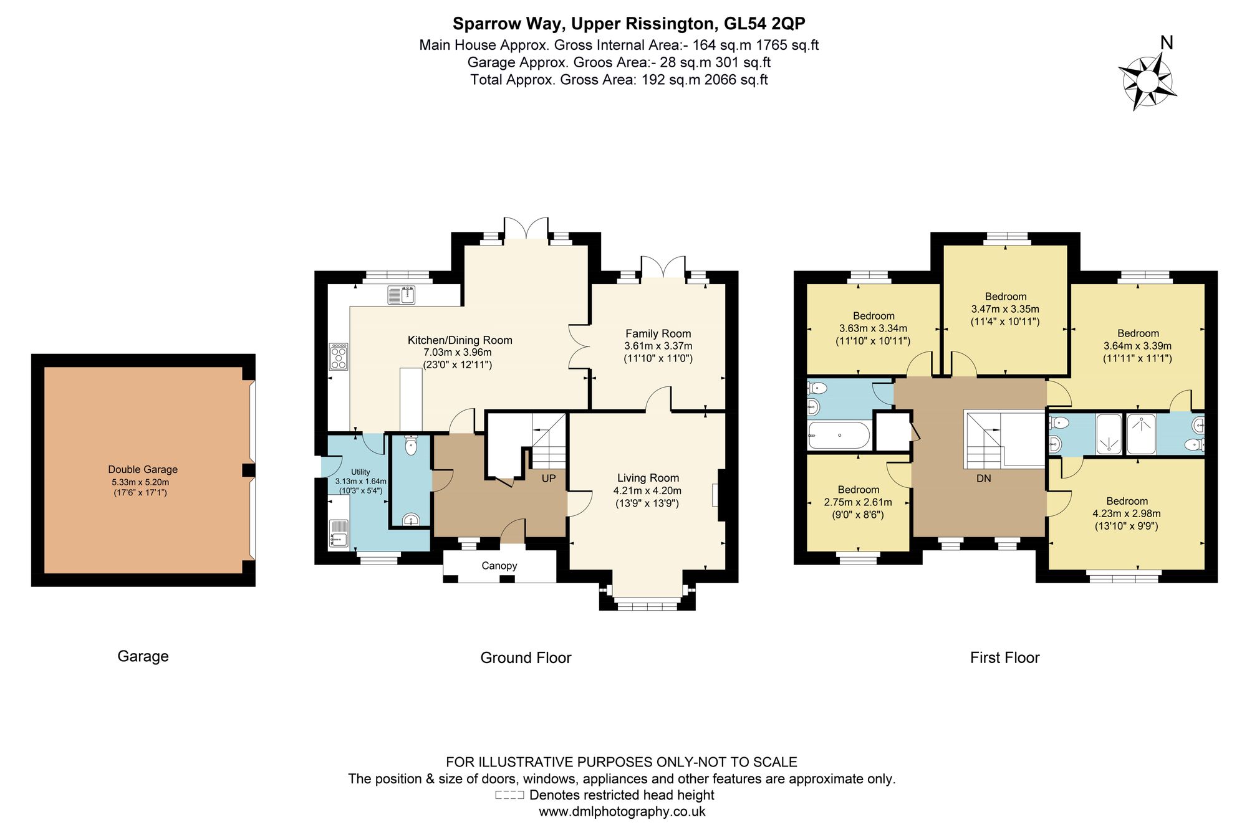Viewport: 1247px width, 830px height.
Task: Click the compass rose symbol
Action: [x=1147, y=82]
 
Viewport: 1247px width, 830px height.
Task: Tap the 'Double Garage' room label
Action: [x=143, y=469]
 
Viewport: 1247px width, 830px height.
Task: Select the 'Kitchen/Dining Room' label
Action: [x=460, y=340]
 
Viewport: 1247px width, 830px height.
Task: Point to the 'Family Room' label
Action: [x=658, y=333]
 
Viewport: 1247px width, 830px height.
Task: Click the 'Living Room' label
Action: [x=648, y=478]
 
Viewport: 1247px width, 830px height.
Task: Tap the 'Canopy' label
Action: [x=499, y=566]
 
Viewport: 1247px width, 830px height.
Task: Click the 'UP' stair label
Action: [x=549, y=479]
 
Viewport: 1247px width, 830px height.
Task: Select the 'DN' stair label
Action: [x=984, y=479]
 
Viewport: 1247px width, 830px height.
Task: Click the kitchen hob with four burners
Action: [x=339, y=356]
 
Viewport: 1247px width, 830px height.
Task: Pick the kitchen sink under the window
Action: [x=401, y=295]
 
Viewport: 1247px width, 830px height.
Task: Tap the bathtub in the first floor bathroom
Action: [x=839, y=435]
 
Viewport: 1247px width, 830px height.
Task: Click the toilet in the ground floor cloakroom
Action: [x=410, y=445]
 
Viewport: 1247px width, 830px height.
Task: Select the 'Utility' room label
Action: [x=360, y=472]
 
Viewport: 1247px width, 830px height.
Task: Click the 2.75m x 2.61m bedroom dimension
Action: [x=858, y=502]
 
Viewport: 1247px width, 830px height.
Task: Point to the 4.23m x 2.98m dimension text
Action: [x=1127, y=513]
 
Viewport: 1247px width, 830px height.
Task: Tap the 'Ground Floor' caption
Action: [x=526, y=657]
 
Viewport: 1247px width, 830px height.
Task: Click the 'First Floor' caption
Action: [x=1004, y=657]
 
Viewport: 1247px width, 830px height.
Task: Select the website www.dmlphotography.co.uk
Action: [x=622, y=811]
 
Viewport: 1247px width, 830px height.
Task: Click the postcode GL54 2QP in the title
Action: [x=764, y=24]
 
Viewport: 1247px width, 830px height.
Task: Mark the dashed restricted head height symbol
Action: [x=509, y=795]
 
